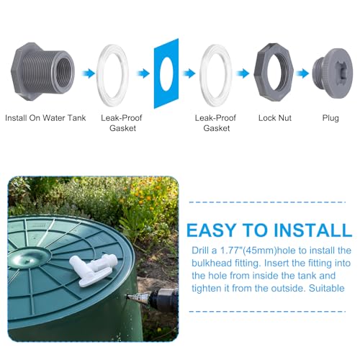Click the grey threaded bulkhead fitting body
click(42, 71)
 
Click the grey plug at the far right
click(333, 73)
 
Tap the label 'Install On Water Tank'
click(45, 118)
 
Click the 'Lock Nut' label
click(275, 118)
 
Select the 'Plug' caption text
click(330, 118)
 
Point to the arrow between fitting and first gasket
click(88, 73)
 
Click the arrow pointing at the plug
click(302, 73)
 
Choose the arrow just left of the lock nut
click(243, 73)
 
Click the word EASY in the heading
click(212, 230)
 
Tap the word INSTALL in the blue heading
click(312, 230)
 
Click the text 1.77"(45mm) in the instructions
click(248, 251)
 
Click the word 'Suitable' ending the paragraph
click(327, 288)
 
